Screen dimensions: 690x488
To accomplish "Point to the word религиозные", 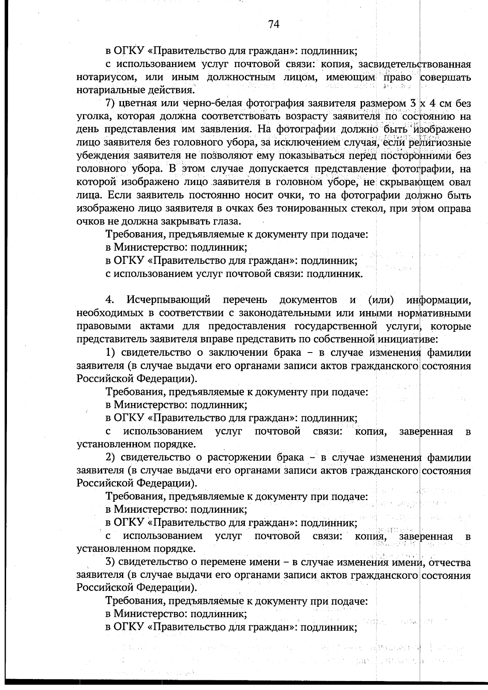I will [x=440, y=143].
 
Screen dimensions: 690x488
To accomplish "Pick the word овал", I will [x=460, y=182].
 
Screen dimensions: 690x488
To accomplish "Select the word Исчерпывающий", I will [x=169, y=300].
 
